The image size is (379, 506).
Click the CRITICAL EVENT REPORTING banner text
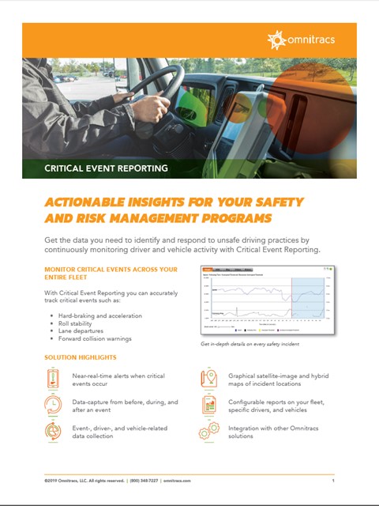[106, 168]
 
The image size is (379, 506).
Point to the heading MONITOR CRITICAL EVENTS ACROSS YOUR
[111, 270]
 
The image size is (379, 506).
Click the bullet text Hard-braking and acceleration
[99, 315]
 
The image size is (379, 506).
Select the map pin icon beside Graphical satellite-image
[209, 379]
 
